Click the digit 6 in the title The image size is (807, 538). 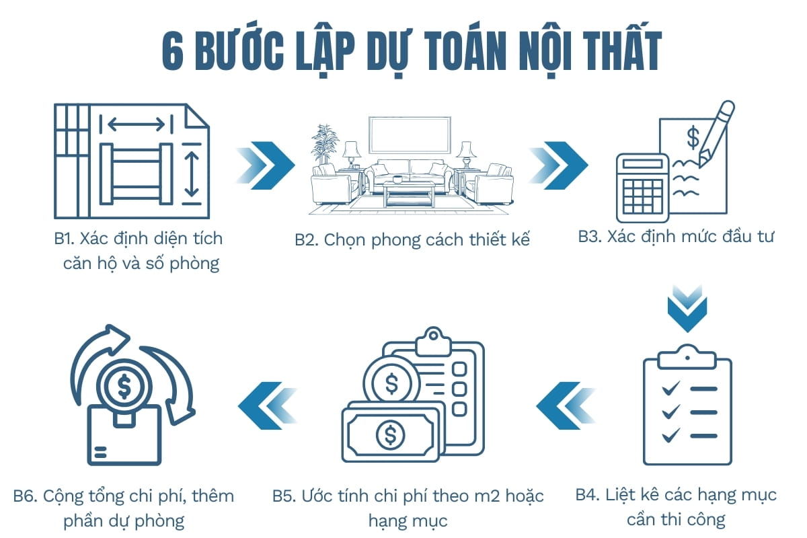coord(173,52)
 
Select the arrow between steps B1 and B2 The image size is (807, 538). coord(266,165)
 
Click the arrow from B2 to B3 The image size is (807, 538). coord(559,165)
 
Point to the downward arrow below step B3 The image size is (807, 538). coord(687,309)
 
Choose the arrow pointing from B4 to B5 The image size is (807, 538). coord(566,406)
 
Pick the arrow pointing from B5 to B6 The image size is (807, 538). coord(268,406)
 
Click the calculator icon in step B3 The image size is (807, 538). coord(642,188)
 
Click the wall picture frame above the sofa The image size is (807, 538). coord(410,135)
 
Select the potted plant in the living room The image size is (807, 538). coord(325,144)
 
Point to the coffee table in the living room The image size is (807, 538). coord(409,194)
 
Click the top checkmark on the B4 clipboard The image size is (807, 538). coord(671,389)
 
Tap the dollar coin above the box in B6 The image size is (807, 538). coord(124,386)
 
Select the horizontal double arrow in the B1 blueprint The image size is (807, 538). coord(137,124)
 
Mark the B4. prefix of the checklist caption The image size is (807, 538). coord(588,495)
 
